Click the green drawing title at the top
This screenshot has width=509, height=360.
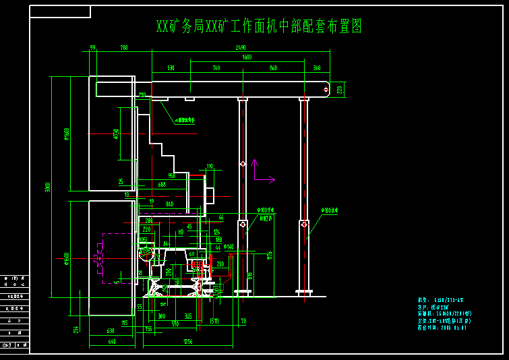(259, 26)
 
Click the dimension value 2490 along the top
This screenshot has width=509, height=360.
(241, 48)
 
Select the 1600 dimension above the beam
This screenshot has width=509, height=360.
(247, 58)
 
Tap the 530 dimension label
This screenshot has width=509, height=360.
(171, 68)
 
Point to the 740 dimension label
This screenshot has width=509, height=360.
(216, 68)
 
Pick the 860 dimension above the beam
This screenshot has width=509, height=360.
(273, 68)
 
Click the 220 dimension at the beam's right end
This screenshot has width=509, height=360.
(340, 89)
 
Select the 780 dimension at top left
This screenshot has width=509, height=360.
(124, 48)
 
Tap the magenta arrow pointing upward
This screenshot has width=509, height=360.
(254, 162)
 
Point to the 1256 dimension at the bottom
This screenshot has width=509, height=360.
(187, 342)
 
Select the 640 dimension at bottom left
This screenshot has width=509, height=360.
(112, 342)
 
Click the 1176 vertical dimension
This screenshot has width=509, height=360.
(270, 255)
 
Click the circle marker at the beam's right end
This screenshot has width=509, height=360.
(327, 89)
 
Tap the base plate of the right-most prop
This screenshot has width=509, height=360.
(304, 292)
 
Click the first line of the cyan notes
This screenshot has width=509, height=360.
(440, 300)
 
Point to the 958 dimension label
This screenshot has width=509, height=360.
(171, 176)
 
